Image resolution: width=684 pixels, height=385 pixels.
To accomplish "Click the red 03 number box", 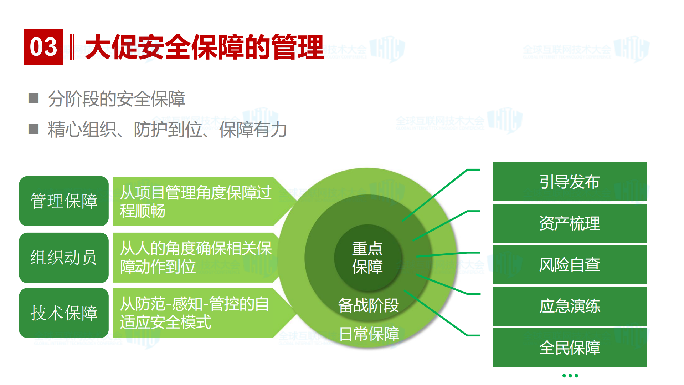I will click(x=43, y=47).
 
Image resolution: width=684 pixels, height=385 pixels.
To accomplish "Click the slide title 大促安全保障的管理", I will click(x=204, y=47).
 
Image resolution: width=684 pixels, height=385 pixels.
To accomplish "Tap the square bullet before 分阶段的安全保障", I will click(x=34, y=98).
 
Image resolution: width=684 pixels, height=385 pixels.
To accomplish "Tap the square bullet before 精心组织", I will click(x=34, y=129).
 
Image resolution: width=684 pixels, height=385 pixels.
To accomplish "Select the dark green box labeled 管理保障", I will click(x=64, y=201).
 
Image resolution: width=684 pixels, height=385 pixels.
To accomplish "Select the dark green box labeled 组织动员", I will click(x=64, y=257).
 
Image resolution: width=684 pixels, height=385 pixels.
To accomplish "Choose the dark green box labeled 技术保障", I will click(x=64, y=313).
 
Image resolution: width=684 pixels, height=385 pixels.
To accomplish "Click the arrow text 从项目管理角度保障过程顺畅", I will click(x=195, y=202).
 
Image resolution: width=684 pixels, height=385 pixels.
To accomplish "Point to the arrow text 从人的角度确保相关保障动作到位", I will click(x=195, y=257).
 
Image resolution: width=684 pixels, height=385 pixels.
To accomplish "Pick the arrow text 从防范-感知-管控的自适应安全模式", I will click(x=194, y=313).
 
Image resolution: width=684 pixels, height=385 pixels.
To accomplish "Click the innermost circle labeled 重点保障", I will click(x=367, y=257).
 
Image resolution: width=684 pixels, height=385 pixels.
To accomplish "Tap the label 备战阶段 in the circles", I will click(x=368, y=305).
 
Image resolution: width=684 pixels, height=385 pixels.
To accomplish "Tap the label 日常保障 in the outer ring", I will click(x=369, y=334).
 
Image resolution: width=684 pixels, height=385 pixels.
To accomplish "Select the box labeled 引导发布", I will click(x=570, y=182).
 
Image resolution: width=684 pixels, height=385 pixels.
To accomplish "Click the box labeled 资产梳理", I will click(x=570, y=223).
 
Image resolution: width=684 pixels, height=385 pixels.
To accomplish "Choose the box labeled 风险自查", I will click(x=570, y=265).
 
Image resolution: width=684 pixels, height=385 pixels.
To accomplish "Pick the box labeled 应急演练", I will click(x=570, y=306).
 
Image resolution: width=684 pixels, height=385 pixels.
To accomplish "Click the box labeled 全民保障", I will click(x=570, y=348).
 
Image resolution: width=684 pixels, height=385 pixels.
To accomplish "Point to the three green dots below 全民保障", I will click(x=570, y=375).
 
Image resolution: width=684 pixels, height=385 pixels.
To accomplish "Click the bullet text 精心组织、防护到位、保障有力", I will click(x=168, y=129).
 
